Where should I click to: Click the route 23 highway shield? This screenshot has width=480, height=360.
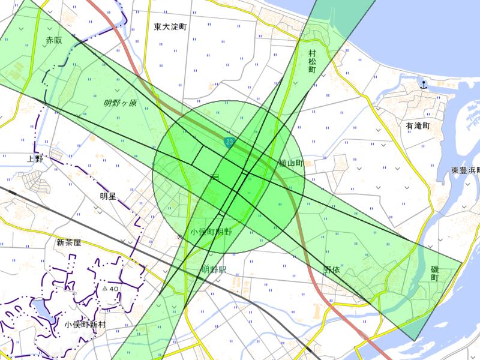(229, 142)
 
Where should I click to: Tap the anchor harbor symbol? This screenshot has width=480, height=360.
(424, 85)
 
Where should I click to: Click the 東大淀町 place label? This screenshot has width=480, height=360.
(170, 27)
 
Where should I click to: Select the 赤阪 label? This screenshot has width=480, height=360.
(54, 40)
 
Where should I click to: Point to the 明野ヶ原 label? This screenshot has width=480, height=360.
(120, 103)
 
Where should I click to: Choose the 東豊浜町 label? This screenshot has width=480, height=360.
(466, 170)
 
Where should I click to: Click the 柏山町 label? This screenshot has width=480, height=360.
(291, 163)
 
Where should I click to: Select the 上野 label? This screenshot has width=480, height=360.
(36, 158)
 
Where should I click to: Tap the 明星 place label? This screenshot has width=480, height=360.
(108, 196)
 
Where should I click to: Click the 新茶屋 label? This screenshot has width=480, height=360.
(69, 243)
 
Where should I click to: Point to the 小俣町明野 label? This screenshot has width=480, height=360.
(211, 232)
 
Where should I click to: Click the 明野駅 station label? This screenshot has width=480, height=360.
(214, 270)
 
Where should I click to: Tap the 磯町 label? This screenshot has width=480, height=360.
(435, 274)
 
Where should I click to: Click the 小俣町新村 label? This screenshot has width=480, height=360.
(85, 325)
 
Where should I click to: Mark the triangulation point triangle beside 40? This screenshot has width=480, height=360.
(104, 289)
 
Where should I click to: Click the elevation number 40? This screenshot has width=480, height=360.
(114, 289)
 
